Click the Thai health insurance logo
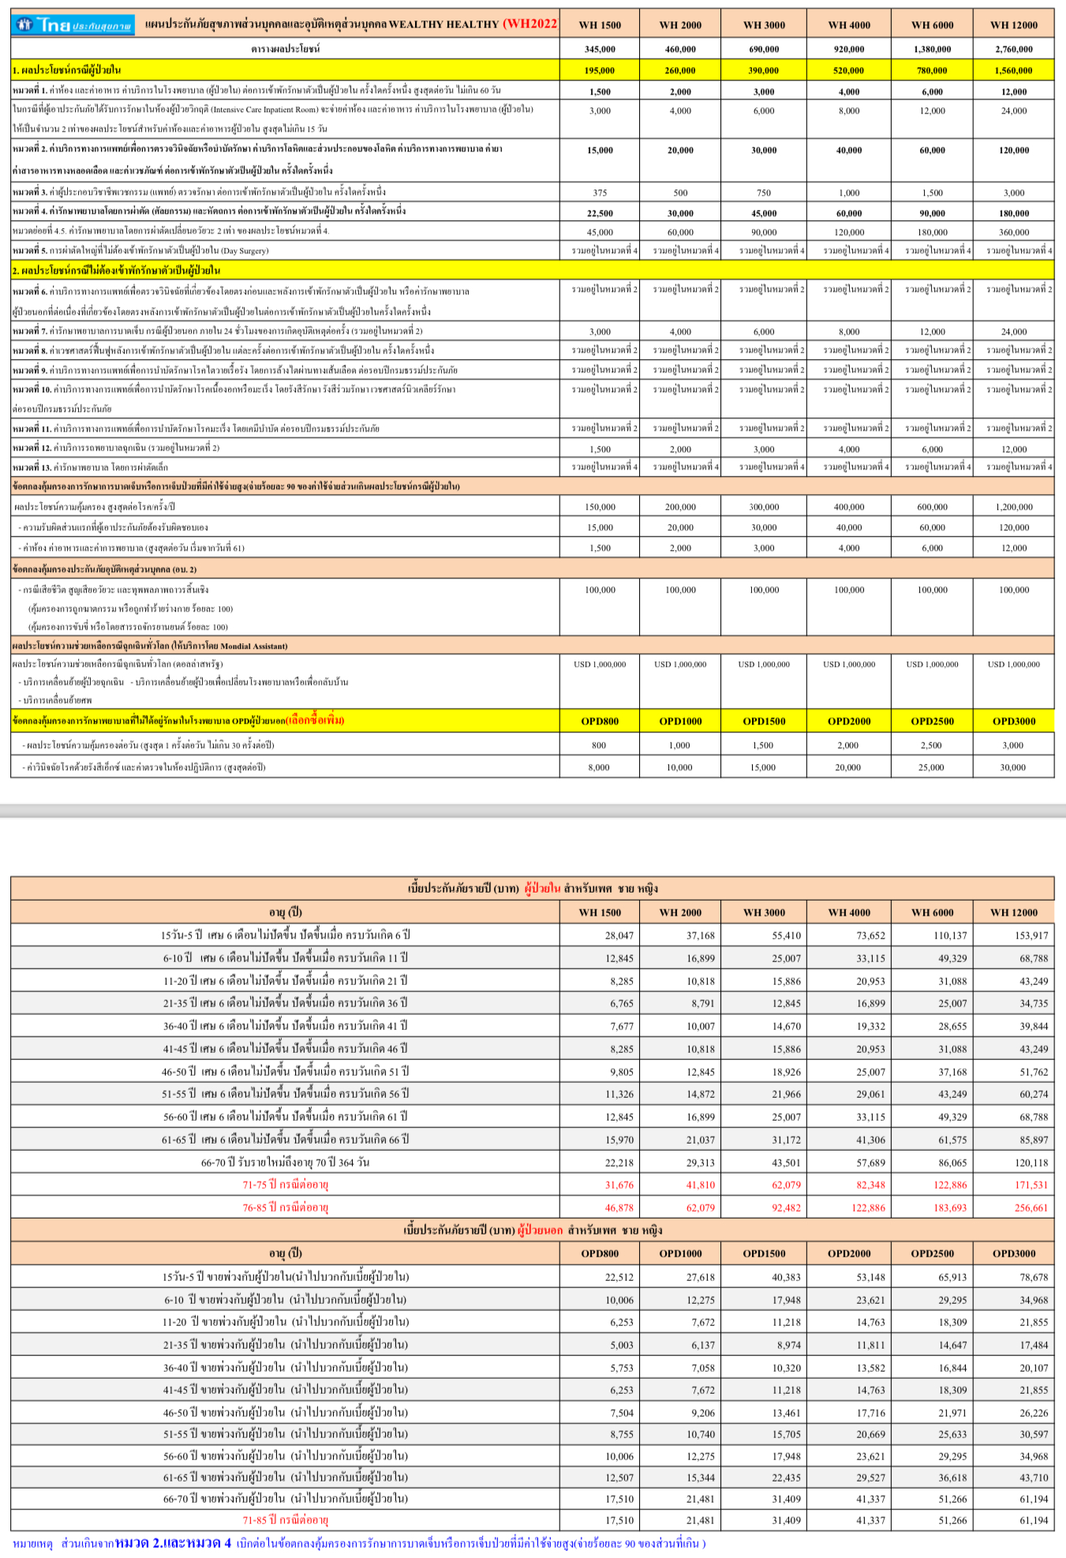click(73, 25)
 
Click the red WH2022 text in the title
click(530, 24)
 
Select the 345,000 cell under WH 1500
click(600, 49)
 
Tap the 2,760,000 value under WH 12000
click(1014, 49)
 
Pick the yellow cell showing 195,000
click(600, 70)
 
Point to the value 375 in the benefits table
click(600, 193)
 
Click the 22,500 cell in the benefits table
click(600, 213)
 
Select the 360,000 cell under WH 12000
click(1014, 232)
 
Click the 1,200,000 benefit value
click(1014, 507)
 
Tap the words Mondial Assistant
click(254, 646)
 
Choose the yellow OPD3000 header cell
click(1014, 721)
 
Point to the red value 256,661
click(1031, 1208)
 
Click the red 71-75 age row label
click(285, 1185)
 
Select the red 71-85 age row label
click(285, 1520)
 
